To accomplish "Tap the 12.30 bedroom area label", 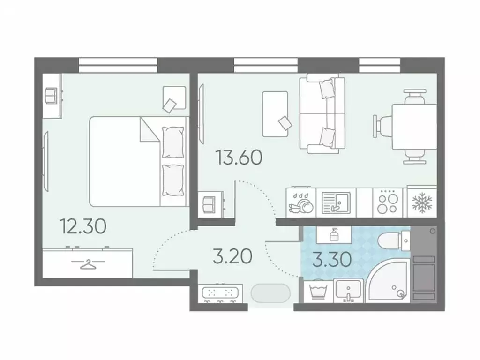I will [x=83, y=226].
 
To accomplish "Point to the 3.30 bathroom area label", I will [x=332, y=259].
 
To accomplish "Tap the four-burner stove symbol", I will [x=388, y=202].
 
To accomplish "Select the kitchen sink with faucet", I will [x=336, y=202].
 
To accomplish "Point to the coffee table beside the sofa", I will [x=275, y=113].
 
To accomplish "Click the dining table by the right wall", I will [x=414, y=127].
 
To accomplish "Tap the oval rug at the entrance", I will [x=270, y=293].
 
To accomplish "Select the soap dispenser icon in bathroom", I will [x=334, y=234].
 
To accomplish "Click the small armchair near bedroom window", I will [x=173, y=98].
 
